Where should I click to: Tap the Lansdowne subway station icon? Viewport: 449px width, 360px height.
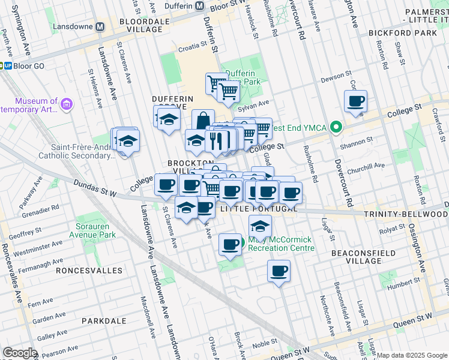pos(100,27)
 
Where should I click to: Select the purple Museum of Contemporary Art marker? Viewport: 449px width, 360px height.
pos(66,105)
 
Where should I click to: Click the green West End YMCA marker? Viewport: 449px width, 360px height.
pos(337,127)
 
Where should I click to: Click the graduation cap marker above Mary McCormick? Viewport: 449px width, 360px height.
pos(260,226)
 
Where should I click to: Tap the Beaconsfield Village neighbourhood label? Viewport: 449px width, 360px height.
pos(364,257)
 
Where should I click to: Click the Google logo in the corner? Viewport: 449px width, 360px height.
pos(20,353)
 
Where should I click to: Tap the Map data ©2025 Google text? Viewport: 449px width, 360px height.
pos(412,355)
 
